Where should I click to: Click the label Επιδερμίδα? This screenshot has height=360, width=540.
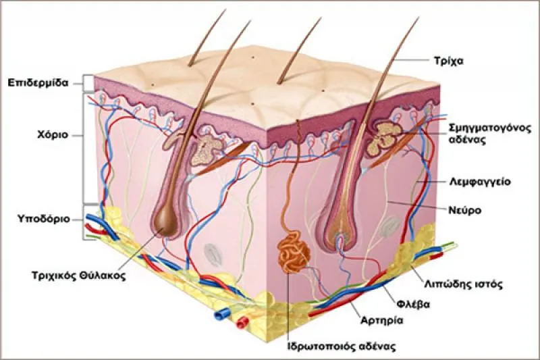(x=38, y=83)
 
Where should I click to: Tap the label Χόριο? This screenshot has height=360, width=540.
(x=53, y=134)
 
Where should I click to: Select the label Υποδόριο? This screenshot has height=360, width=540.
(x=44, y=219)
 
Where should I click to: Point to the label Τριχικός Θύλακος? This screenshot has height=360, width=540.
(x=78, y=276)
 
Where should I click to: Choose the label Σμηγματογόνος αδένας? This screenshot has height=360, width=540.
(x=490, y=134)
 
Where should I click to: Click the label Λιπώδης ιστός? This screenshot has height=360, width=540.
(x=463, y=284)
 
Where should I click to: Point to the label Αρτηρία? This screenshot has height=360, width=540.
(x=381, y=320)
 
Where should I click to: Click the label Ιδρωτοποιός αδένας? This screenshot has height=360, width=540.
(x=342, y=346)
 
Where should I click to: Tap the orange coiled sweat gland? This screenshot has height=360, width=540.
(x=292, y=252)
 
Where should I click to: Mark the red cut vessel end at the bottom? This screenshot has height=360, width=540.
(x=242, y=322)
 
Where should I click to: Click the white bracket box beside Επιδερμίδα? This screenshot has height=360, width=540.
(x=88, y=83)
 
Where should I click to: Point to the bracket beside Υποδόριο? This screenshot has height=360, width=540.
(x=85, y=222)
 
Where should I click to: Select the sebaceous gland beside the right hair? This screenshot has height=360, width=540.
(x=383, y=138)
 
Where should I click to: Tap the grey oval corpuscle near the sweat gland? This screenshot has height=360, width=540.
(x=212, y=255)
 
